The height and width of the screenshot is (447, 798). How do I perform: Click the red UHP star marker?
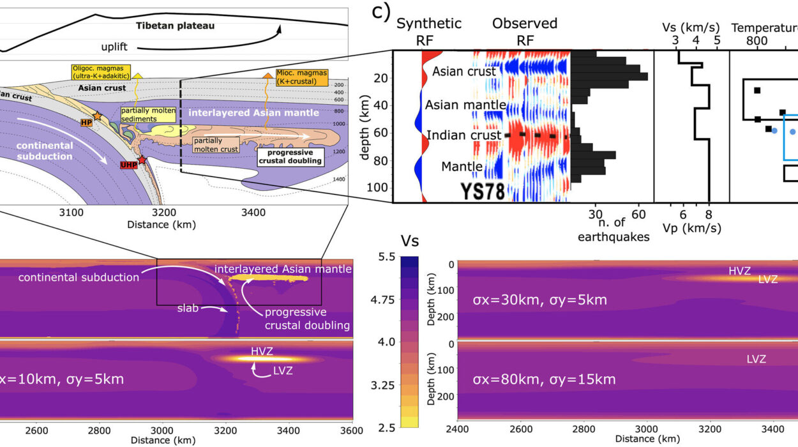pos(141,160)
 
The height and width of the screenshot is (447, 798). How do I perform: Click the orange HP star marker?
pos(97,116)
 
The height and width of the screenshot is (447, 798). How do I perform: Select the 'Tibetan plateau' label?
pos(175,26)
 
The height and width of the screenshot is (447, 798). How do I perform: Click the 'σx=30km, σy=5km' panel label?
pos(539,299)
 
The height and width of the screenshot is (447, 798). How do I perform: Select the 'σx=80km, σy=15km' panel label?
pos(544,379)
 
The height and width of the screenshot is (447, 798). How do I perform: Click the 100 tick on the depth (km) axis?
pos(380,187)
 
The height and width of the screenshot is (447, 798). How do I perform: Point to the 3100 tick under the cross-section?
pos(71,213)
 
